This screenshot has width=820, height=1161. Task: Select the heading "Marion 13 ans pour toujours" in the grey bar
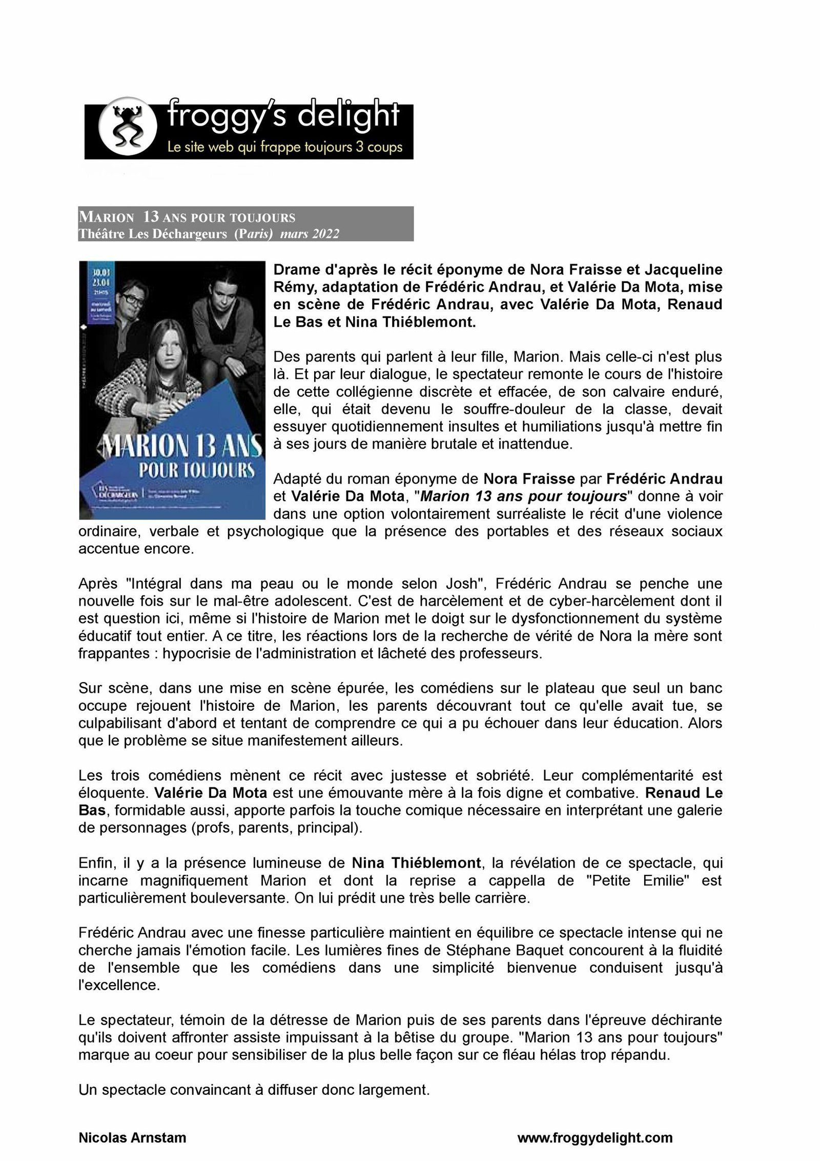(187, 218)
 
